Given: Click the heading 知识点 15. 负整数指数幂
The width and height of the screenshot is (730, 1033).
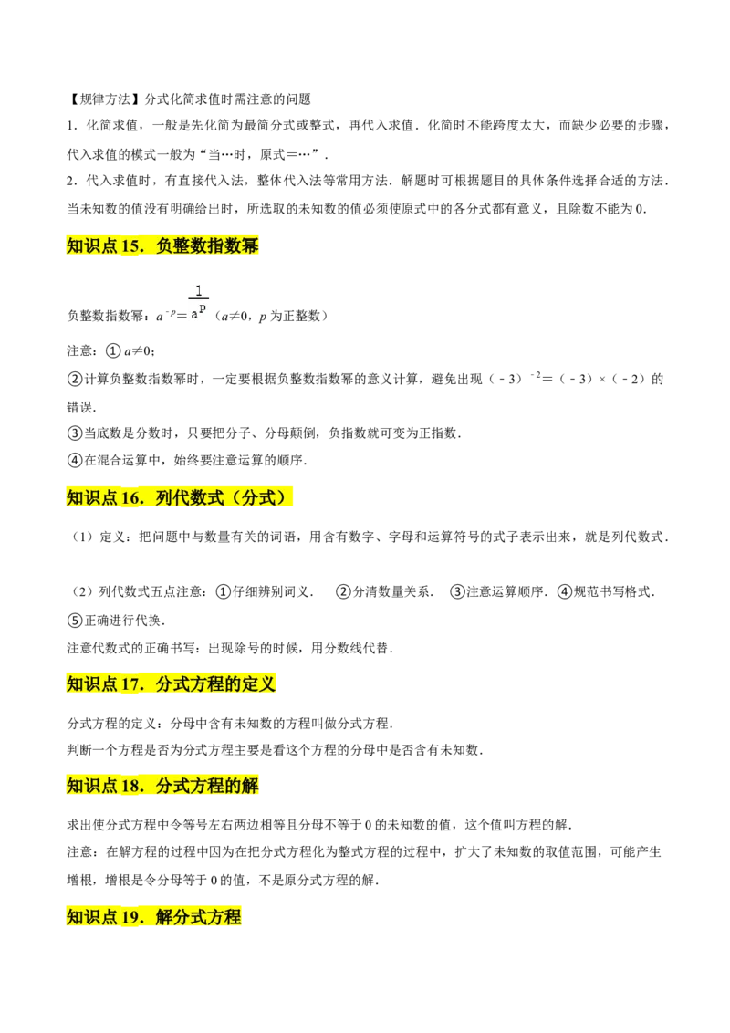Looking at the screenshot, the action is click(x=162, y=245).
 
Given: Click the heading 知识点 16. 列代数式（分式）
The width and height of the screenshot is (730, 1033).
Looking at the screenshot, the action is click(x=179, y=497).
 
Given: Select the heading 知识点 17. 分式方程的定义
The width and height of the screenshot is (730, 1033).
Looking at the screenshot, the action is click(x=171, y=683).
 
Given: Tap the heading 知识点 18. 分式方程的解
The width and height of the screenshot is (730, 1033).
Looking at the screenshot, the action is click(x=162, y=786).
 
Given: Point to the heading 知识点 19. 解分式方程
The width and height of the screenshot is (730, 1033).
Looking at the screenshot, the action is click(x=153, y=916).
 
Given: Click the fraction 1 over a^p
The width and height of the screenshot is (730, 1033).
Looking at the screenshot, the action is click(x=198, y=302).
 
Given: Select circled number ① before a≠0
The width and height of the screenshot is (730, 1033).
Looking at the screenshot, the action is click(x=114, y=351).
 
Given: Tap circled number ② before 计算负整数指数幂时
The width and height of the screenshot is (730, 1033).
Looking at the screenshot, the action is click(x=75, y=380).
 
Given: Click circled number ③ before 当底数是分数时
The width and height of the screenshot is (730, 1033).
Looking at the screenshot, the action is click(x=75, y=433).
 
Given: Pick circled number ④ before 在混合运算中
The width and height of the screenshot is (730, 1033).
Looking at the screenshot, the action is click(x=75, y=461).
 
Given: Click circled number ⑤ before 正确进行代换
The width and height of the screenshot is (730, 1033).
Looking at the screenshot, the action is click(x=75, y=621).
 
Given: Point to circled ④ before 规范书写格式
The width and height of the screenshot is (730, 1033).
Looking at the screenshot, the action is click(x=565, y=591).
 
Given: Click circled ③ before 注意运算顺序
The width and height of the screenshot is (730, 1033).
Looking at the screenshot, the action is click(x=457, y=591).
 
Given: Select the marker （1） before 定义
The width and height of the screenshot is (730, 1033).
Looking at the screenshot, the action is click(x=82, y=537).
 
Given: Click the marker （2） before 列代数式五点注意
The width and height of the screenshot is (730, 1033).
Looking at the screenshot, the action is click(x=82, y=591).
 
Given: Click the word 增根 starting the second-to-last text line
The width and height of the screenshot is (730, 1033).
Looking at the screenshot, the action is click(x=79, y=880).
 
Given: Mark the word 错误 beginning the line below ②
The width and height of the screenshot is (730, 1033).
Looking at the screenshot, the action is click(x=79, y=407).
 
